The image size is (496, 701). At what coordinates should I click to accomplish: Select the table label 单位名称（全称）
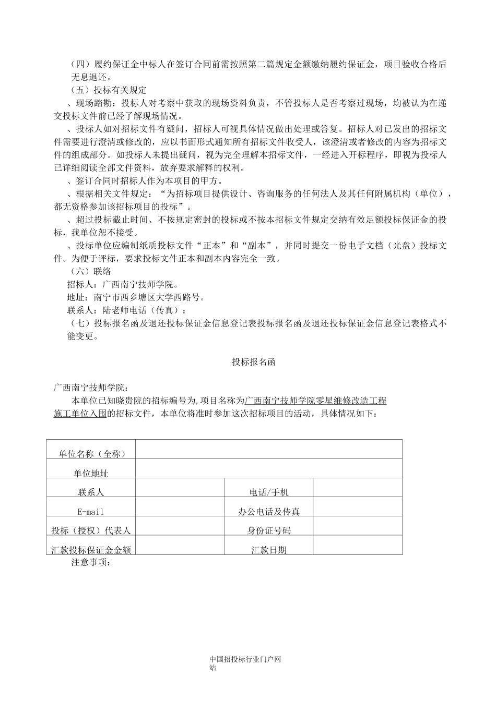pos(92,454)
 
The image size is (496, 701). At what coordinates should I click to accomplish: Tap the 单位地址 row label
pos(91,473)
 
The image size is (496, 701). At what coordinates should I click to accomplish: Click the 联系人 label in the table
pos(91,492)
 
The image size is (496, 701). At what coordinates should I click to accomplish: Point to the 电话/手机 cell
pos(269,492)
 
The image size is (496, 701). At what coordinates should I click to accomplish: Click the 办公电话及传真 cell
pos(269,512)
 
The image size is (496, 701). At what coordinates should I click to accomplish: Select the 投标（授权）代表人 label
pos(91,530)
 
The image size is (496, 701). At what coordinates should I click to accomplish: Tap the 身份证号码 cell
pos(269,530)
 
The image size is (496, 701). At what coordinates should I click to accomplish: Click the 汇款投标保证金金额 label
pos(91,550)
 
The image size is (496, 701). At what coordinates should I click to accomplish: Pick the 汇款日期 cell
pos(269,550)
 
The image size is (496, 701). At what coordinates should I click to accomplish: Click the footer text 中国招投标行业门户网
pos(245,659)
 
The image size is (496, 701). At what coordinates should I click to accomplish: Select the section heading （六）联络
pos(91,271)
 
